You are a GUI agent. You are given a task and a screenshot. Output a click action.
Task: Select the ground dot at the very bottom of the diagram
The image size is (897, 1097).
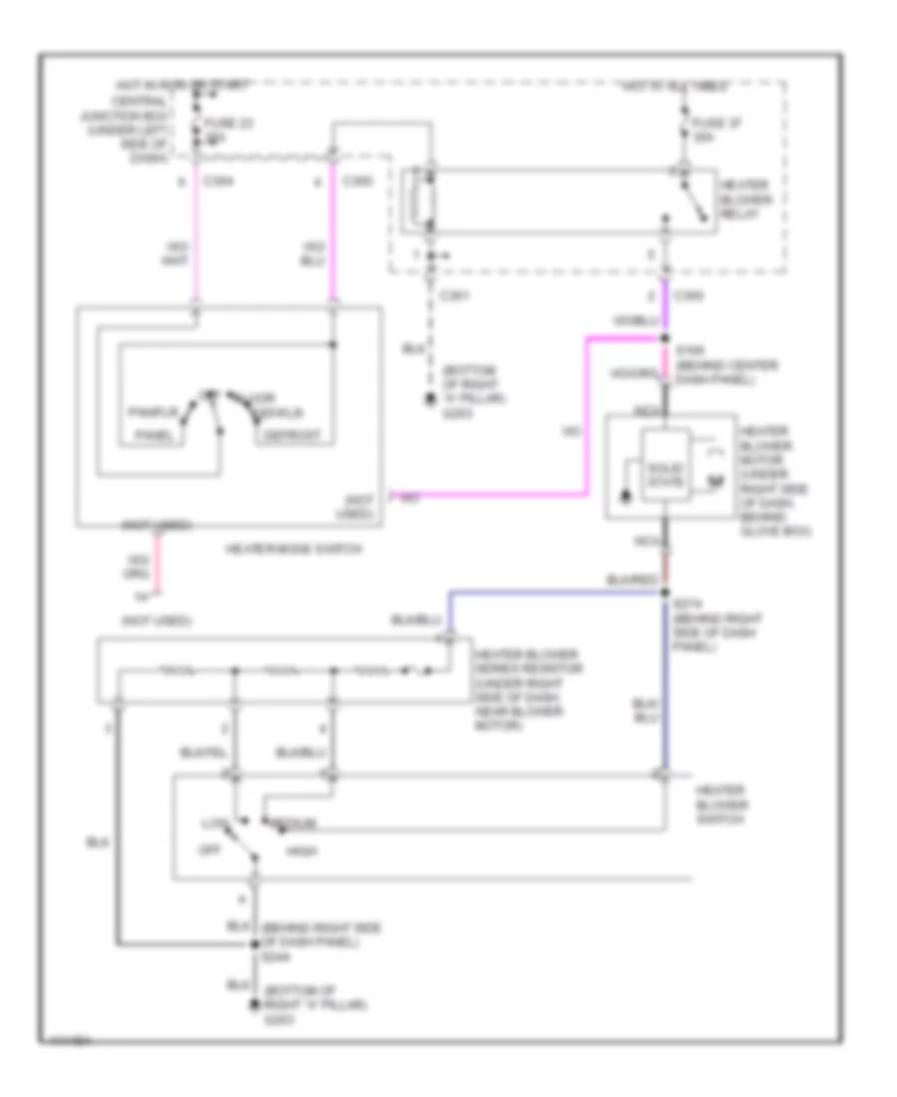click(252, 1009)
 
